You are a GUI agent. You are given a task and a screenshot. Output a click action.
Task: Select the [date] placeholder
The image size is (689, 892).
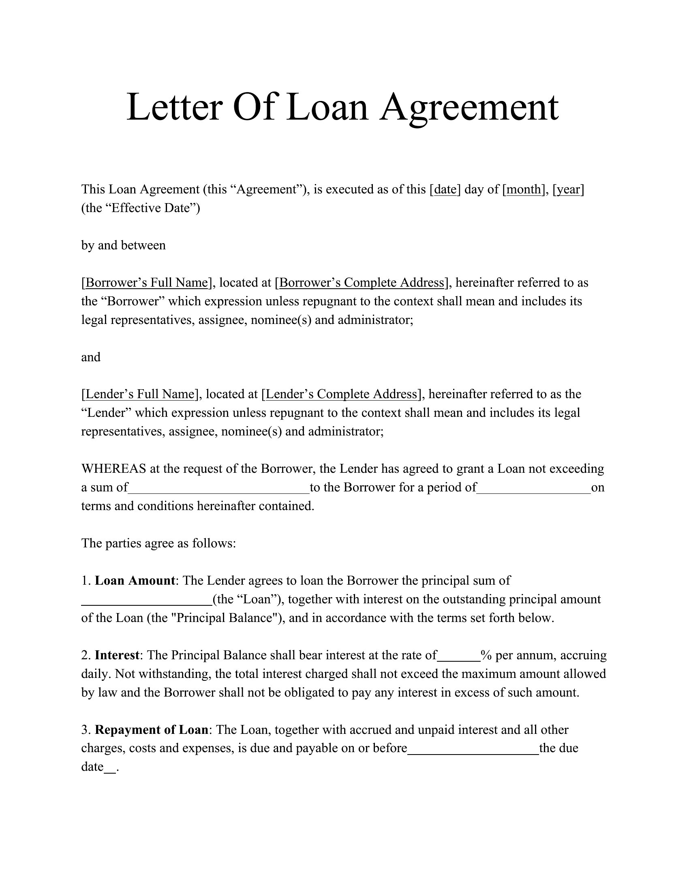(x=445, y=189)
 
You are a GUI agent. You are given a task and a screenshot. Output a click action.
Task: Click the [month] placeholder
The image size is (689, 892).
(x=524, y=189)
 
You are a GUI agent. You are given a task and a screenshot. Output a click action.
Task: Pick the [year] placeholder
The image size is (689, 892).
(x=569, y=189)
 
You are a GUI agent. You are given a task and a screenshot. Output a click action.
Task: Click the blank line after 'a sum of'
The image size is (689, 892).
(x=219, y=489)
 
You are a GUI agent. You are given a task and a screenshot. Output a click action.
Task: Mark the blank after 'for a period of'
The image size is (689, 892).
(x=534, y=489)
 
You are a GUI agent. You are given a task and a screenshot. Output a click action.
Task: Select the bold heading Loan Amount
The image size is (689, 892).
(x=135, y=580)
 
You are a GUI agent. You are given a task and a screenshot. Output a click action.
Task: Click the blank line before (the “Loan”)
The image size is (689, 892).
(x=147, y=600)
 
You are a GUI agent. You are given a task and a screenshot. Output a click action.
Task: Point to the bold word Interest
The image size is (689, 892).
(x=117, y=655)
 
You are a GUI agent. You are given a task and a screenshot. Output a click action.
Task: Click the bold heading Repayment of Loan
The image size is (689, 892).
(x=152, y=729)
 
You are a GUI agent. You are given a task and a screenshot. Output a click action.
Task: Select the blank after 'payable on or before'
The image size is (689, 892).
(x=473, y=749)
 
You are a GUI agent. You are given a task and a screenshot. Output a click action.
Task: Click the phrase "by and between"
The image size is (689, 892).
(x=123, y=245)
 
